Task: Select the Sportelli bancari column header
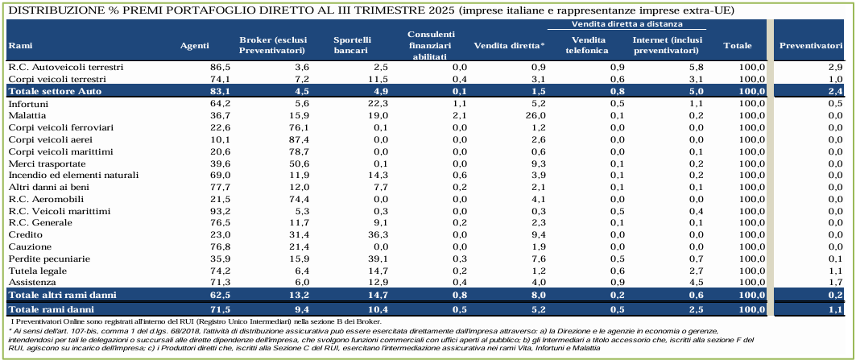click(x=353, y=44)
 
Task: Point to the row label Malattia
click(x=27, y=116)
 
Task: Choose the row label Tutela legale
click(x=37, y=271)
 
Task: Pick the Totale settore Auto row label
click(x=52, y=91)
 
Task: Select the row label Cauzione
click(x=30, y=246)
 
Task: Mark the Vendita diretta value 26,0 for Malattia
click(x=534, y=116)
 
